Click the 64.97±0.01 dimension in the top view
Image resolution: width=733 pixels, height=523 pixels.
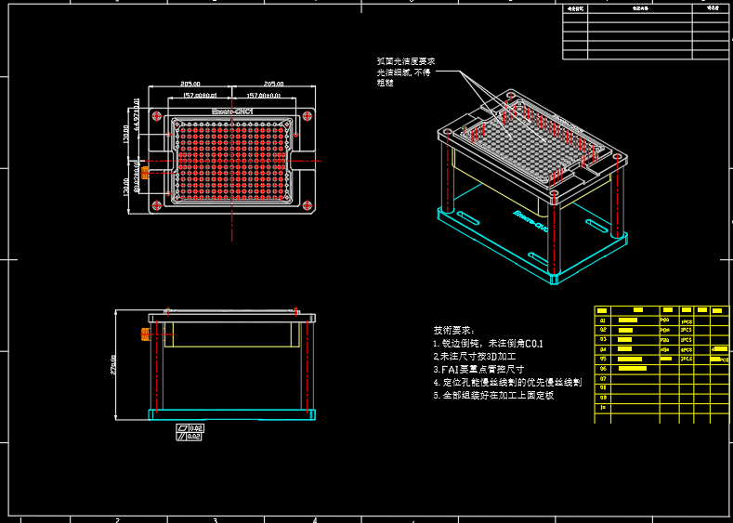(137, 111)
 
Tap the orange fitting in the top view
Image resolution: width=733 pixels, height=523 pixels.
(145, 173)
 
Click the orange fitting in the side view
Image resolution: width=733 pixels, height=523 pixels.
(144, 333)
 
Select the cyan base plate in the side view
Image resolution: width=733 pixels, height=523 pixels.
(232, 413)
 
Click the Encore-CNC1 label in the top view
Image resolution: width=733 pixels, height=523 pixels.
(232, 111)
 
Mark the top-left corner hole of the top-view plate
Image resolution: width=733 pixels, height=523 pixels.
(157, 115)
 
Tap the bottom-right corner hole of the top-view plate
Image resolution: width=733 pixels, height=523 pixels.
(308, 204)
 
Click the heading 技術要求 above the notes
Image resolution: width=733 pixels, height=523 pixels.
(453, 330)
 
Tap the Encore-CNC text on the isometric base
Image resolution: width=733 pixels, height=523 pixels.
(530, 220)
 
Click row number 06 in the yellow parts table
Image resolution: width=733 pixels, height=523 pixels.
(603, 369)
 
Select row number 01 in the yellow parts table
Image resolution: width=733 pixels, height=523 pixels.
(603, 320)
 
